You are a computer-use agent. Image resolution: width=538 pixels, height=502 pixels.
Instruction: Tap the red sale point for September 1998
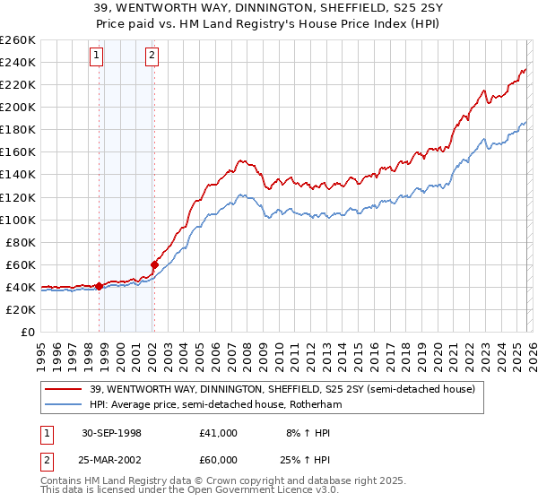point(99,286)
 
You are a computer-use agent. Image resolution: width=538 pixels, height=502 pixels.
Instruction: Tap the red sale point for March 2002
point(154,264)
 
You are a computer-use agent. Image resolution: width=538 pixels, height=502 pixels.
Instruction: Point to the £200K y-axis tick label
point(18,107)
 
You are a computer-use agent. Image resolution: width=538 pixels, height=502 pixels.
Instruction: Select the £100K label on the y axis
point(18,220)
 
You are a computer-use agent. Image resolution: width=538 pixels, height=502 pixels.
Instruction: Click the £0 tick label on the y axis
point(27,332)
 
